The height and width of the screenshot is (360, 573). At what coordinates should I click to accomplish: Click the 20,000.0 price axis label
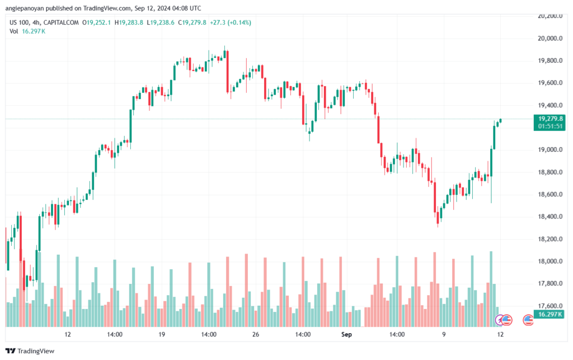pyautogui.click(x=550, y=39)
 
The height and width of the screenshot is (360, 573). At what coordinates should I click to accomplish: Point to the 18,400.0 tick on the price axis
pyautogui.click(x=550, y=217)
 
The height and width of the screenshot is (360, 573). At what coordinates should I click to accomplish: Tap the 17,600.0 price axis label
pyautogui.click(x=550, y=306)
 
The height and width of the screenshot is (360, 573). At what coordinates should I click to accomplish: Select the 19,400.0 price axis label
pyautogui.click(x=550, y=106)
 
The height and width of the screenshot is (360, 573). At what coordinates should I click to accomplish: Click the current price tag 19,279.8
pyautogui.click(x=551, y=119)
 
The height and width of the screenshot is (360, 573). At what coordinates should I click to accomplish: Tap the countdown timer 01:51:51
pyautogui.click(x=551, y=127)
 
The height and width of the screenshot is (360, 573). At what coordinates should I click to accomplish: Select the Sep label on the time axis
pyautogui.click(x=346, y=334)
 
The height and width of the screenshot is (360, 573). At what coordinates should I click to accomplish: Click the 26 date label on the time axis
pyautogui.click(x=255, y=334)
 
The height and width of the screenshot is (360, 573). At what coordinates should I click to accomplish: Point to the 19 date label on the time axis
pyautogui.click(x=162, y=334)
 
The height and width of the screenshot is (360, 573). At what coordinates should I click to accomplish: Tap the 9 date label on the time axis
pyautogui.click(x=444, y=334)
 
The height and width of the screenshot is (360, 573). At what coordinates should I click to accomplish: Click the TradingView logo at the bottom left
pyautogui.click(x=30, y=351)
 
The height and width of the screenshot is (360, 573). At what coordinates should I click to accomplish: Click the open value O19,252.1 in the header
pyautogui.click(x=96, y=22)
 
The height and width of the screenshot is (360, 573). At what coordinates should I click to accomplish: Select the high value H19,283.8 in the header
pyautogui.click(x=129, y=22)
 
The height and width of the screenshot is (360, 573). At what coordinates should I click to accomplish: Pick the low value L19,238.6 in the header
pyautogui.click(x=161, y=22)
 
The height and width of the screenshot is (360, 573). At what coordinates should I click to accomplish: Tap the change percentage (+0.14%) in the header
pyautogui.click(x=239, y=22)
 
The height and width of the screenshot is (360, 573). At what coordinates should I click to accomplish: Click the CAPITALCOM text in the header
pyautogui.click(x=61, y=22)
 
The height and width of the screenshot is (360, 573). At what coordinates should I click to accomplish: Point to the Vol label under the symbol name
pyautogui.click(x=13, y=31)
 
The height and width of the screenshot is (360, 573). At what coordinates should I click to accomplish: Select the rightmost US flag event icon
pyautogui.click(x=528, y=320)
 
